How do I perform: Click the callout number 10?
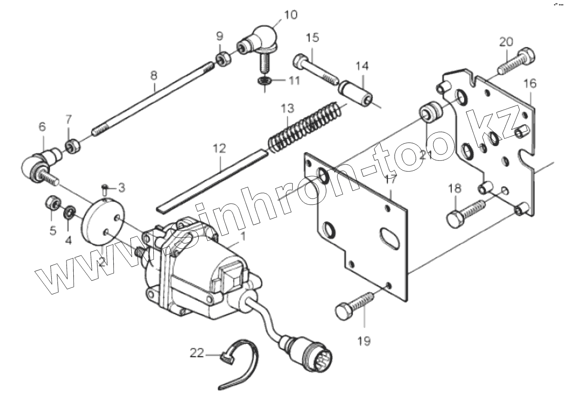click(x=291, y=14)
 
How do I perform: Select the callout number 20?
click(x=506, y=42)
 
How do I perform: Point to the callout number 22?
click(x=196, y=354)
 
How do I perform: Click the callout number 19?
click(x=364, y=341)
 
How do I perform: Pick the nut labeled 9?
click(x=223, y=58)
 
